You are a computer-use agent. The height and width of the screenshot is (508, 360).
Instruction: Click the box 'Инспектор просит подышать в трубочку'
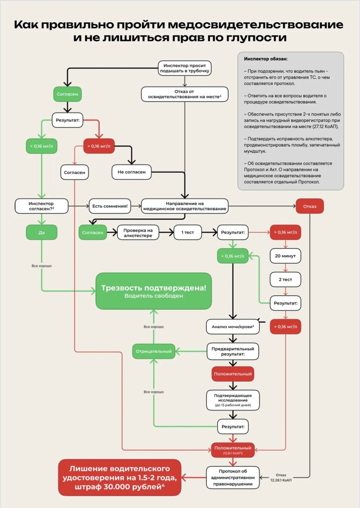pos(184,68)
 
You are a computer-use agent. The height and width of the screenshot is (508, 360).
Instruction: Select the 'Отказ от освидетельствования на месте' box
pos(184,94)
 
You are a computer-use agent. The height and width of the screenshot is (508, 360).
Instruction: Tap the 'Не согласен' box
pos(131,172)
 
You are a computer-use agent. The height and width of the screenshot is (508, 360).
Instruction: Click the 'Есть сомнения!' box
pos(110,206)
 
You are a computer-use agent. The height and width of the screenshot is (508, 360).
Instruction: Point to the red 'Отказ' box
pos(310,206)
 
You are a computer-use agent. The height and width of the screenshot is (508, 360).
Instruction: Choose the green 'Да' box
pos(41,232)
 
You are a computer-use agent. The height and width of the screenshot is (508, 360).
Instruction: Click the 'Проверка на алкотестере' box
pos(138,233)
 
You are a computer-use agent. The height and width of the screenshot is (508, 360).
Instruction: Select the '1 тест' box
pos(187,232)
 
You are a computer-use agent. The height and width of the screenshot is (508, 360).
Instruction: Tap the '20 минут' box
pos(285,256)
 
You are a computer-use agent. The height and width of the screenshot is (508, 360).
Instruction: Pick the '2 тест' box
pos(285,279)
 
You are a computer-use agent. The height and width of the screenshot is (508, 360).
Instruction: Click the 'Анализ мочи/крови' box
pos(233,327)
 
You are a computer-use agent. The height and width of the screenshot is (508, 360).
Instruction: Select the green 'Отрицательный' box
pos(154,351)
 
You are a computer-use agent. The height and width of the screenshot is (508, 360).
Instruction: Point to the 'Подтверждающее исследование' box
pos(233,400)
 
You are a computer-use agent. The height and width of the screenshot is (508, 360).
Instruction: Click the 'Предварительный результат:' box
pos(233,351)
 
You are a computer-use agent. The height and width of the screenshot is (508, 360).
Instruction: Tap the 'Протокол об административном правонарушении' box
pos(233,477)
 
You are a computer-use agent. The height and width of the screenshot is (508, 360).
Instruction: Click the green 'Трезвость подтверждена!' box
pos(154,291)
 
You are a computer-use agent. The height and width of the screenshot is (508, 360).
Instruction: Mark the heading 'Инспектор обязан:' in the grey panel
pos(265,59)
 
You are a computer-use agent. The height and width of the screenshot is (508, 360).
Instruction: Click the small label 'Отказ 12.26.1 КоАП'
pos(281,478)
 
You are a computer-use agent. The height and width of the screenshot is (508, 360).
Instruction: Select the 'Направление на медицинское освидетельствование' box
pos(184,206)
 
